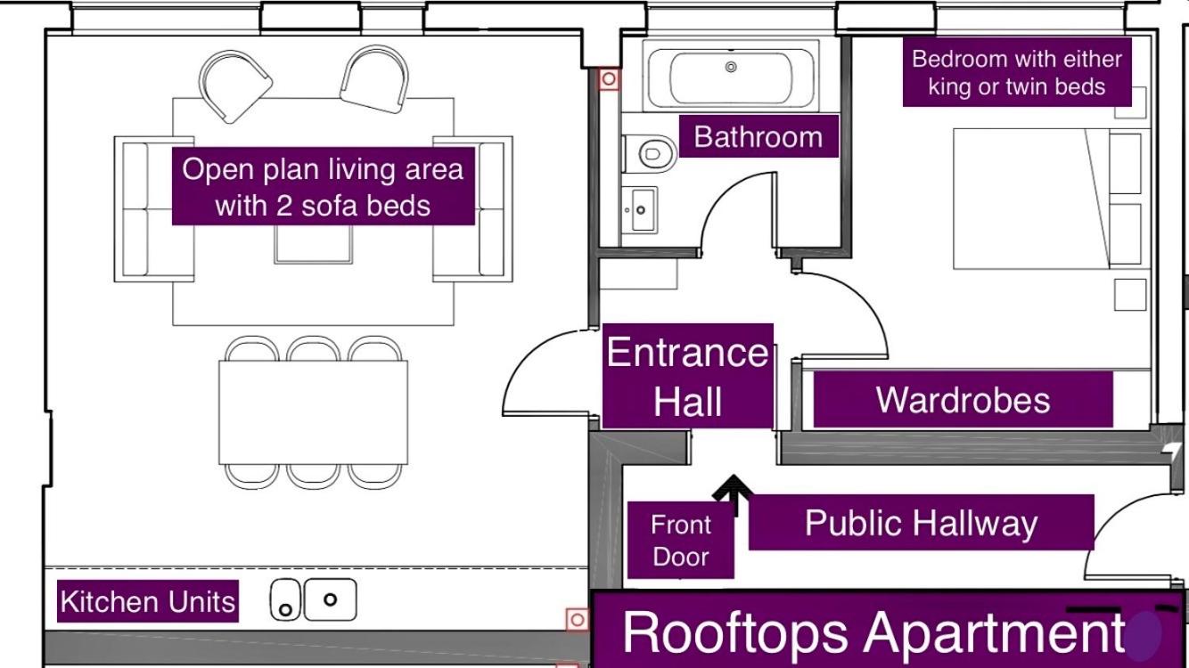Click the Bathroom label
pos(758,136)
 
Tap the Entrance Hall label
pos(688,376)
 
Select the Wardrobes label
pos(963,399)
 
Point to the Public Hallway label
pos(921,523)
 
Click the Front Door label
pos(680,540)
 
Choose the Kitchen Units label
pos(148,601)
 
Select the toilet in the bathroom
pos(651,154)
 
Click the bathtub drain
pos(731,67)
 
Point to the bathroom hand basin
pos(640,210)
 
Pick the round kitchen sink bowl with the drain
pos(285,600)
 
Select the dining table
pos(313,412)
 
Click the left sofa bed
pos(154,209)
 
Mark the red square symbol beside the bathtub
pos(609,79)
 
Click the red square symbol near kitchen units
pos(578,619)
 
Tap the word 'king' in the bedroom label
pos(951,86)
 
